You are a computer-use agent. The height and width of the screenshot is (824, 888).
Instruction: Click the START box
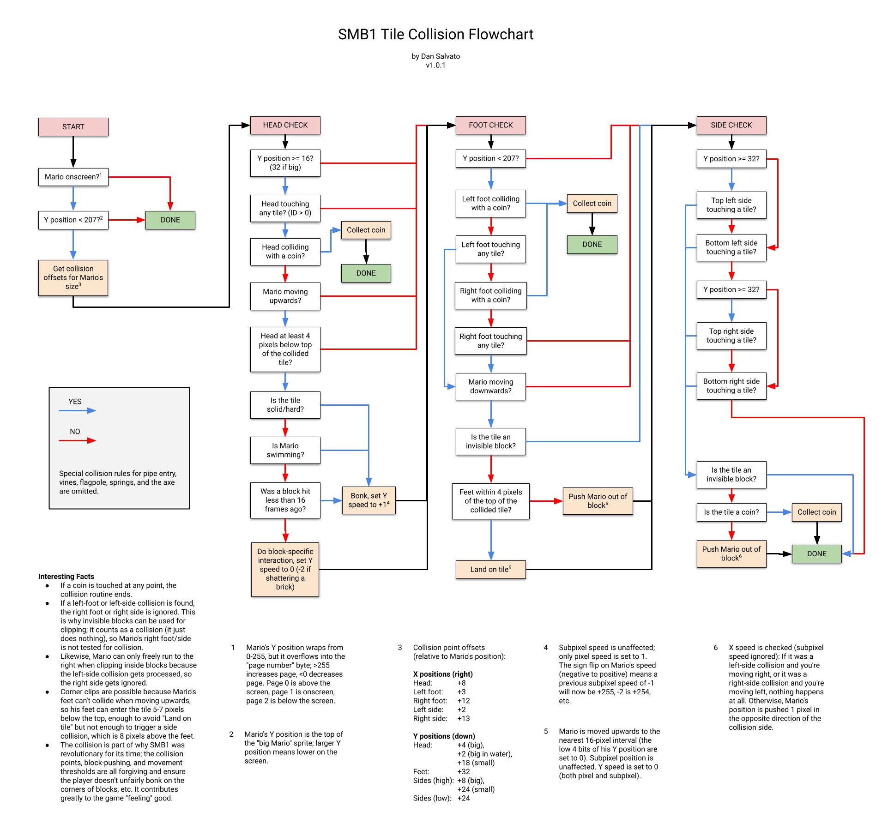click(x=73, y=127)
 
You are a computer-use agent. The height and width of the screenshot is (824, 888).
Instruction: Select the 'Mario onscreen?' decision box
click(x=73, y=177)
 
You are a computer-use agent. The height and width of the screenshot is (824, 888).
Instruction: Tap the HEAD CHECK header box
click(x=285, y=125)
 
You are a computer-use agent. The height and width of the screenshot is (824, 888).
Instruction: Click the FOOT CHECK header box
click(x=490, y=125)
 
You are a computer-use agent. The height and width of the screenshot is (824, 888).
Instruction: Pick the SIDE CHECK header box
click(x=731, y=125)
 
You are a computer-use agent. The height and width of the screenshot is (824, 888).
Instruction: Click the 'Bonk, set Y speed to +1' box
click(x=368, y=500)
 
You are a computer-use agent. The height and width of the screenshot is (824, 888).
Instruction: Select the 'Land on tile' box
click(x=490, y=569)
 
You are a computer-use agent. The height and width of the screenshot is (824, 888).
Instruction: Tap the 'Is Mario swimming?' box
click(x=285, y=450)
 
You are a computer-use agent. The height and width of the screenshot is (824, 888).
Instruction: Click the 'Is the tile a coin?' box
click(x=731, y=512)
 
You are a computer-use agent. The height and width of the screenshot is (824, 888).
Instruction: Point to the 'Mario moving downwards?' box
click(x=490, y=386)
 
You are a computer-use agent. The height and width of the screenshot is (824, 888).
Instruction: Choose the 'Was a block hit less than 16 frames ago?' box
click(x=285, y=500)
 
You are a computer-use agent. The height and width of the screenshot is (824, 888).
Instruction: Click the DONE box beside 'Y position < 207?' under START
click(x=170, y=220)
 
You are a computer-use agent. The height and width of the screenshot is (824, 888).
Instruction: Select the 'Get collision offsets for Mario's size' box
click(x=73, y=277)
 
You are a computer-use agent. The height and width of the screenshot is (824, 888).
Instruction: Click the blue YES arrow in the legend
click(x=77, y=410)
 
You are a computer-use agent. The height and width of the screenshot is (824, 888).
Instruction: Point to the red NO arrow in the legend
click(x=77, y=440)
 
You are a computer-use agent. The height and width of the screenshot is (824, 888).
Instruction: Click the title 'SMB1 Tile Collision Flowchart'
click(x=435, y=34)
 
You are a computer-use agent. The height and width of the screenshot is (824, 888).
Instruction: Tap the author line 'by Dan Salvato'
click(x=435, y=56)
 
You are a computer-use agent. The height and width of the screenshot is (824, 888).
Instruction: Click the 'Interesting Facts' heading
click(x=66, y=577)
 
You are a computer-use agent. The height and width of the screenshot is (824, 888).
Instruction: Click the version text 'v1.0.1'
click(x=435, y=65)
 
